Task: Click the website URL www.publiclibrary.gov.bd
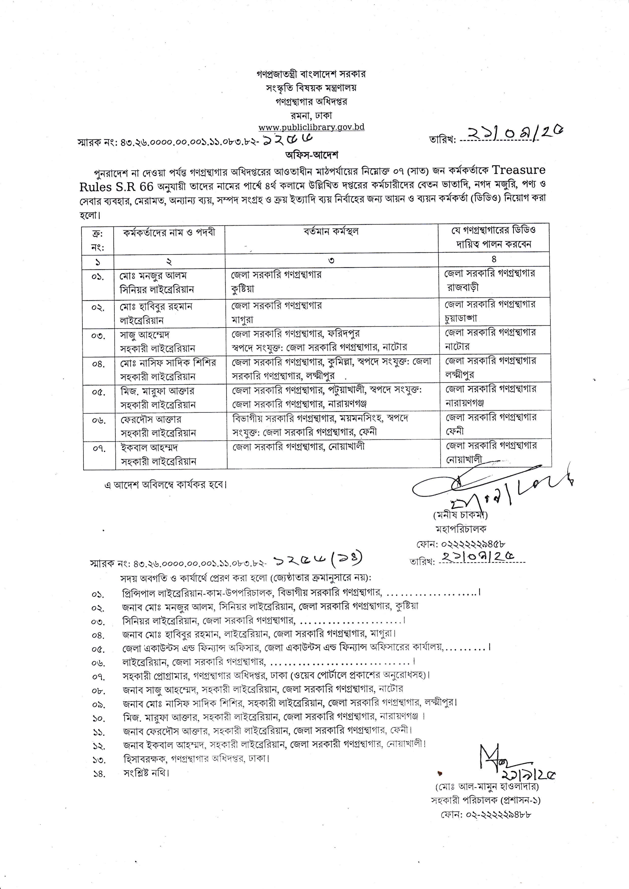point(311,127)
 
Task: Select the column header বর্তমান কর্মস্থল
point(331,232)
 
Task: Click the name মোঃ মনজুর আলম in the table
point(153,276)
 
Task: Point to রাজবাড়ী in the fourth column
point(462,287)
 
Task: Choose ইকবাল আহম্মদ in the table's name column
point(149,448)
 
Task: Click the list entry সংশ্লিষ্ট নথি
point(146,773)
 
